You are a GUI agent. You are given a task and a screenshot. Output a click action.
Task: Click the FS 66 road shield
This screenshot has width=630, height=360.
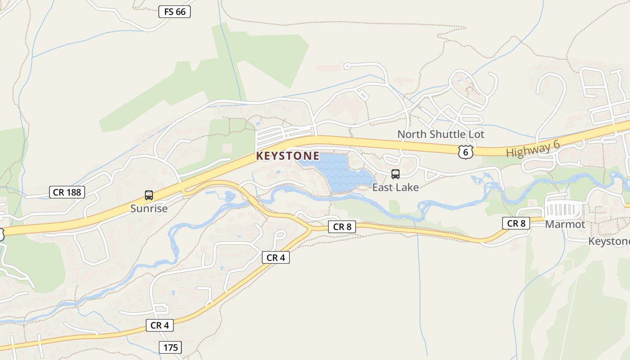pyautogui.click(x=175, y=12)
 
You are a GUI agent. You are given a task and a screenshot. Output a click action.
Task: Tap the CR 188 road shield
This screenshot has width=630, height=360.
pyautogui.click(x=67, y=193)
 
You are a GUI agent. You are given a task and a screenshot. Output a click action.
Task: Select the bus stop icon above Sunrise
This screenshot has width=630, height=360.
pyautogui.click(x=149, y=195)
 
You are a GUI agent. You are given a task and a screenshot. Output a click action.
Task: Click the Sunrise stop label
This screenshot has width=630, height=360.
pyautogui.click(x=149, y=208)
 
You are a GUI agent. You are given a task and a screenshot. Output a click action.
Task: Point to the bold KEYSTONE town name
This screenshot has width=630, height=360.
pyautogui.click(x=288, y=156)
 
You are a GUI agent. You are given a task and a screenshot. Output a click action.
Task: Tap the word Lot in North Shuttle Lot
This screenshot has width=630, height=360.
pyautogui.click(x=476, y=134)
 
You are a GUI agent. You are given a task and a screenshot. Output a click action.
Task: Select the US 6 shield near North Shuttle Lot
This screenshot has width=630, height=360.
pyautogui.click(x=466, y=152)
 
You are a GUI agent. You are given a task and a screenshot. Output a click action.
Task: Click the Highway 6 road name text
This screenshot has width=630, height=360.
pyautogui.click(x=533, y=149)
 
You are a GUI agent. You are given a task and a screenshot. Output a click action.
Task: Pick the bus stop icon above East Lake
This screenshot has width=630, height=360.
pyautogui.click(x=396, y=174)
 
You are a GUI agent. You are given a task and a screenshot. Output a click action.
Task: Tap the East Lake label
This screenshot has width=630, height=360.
pyautogui.click(x=396, y=187)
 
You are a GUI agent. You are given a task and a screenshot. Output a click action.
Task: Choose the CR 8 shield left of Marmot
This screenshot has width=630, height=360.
pyautogui.click(x=516, y=223)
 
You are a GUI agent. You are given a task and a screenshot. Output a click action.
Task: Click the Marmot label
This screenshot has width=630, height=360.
pyautogui.click(x=565, y=224)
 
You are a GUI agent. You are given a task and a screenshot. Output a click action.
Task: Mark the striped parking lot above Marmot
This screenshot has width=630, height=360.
pyautogui.click(x=562, y=210)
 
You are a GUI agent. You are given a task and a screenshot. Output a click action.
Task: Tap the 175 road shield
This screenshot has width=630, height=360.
pyautogui.click(x=171, y=347)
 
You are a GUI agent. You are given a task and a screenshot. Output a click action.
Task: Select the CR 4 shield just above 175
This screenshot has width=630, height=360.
pyautogui.click(x=160, y=325)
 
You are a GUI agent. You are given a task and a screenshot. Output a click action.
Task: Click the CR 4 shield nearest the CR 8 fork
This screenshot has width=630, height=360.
pyautogui.click(x=276, y=257)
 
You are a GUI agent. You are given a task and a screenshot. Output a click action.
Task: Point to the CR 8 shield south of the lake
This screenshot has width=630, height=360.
pyautogui.click(x=342, y=227)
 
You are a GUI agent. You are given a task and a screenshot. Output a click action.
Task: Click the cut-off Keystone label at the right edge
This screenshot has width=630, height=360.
pyautogui.click(x=609, y=241)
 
